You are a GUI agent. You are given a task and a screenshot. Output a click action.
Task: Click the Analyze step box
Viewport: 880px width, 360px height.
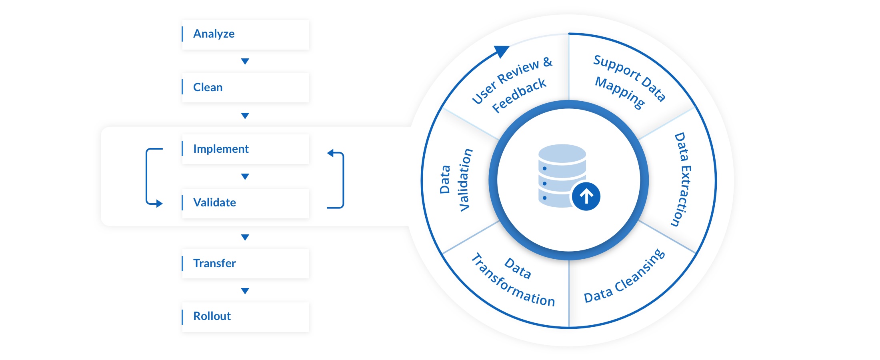[x=245, y=34]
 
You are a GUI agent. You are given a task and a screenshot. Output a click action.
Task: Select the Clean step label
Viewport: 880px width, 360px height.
[x=208, y=87]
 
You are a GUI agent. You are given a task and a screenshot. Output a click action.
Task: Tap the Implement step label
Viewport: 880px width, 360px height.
[x=221, y=149]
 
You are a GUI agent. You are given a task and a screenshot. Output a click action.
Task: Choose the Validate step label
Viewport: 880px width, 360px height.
[x=214, y=202]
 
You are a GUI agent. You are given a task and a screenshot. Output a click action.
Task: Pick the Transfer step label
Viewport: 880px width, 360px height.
[x=214, y=263]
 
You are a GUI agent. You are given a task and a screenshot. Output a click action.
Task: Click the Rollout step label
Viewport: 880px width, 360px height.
[x=212, y=316]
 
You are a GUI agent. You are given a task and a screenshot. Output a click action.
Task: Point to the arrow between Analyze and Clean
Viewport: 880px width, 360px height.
[x=245, y=61]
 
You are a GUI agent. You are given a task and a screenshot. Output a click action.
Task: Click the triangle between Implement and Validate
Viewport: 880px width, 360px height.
[x=245, y=176]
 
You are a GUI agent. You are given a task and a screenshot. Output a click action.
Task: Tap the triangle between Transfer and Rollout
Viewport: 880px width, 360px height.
[x=245, y=291]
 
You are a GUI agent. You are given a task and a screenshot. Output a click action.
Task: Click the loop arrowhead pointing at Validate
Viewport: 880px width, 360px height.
[x=159, y=204]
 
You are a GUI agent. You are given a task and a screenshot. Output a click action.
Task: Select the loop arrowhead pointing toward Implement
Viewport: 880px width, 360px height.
[x=330, y=153]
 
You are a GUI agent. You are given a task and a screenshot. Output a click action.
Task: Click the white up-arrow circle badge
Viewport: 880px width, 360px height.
[x=586, y=196]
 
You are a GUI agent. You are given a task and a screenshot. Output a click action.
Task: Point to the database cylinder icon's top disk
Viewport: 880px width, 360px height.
[x=562, y=153]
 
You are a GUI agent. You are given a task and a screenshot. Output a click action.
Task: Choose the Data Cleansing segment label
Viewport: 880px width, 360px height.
[x=624, y=277]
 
